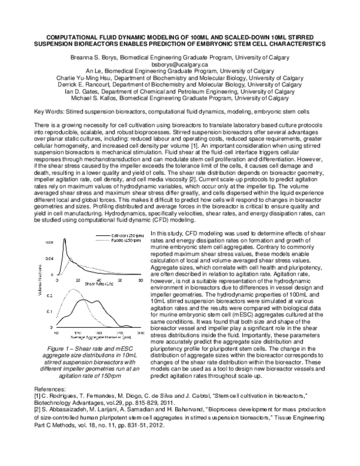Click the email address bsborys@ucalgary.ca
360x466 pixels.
179,63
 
